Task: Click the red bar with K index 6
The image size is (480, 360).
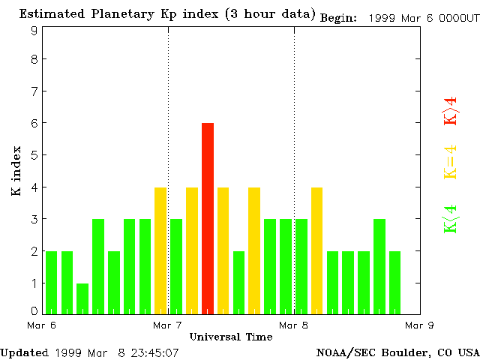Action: click(208, 217)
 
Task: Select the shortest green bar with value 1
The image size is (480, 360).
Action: click(82, 298)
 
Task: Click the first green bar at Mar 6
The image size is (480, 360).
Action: click(51, 282)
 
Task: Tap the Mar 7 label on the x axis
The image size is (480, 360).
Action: click(168, 325)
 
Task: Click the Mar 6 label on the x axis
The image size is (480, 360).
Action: click(42, 325)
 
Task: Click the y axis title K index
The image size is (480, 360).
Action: click(16, 172)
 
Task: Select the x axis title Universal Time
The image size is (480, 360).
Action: click(230, 337)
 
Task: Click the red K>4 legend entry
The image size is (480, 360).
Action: click(450, 111)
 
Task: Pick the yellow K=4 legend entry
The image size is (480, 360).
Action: click(450, 162)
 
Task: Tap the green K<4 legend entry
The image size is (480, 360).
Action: click(450, 217)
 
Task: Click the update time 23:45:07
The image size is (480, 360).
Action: click(154, 352)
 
